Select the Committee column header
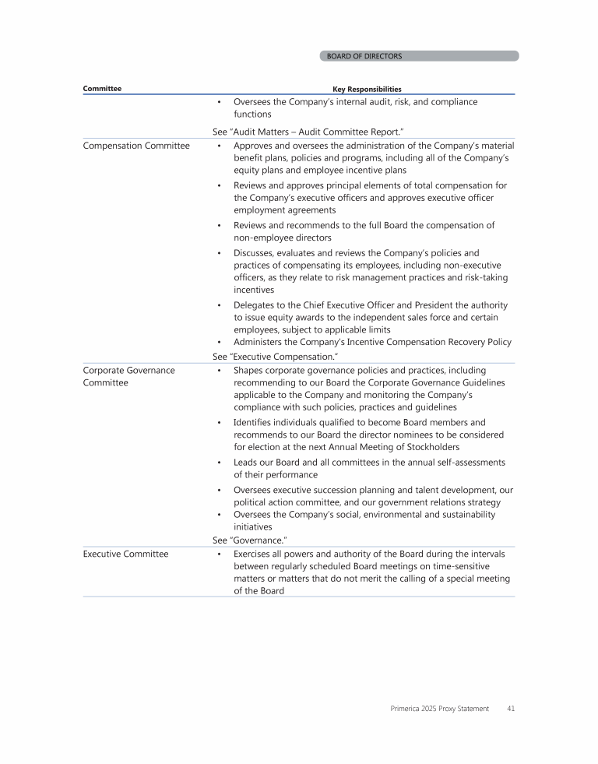click(102, 89)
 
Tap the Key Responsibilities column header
click(367, 89)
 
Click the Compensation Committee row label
click(136, 146)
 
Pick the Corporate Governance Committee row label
click(128, 377)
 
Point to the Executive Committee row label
click(125, 554)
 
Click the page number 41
click(510, 709)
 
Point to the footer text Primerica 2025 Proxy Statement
click(439, 709)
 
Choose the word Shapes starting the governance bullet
click(248, 371)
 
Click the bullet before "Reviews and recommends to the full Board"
click(220, 226)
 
